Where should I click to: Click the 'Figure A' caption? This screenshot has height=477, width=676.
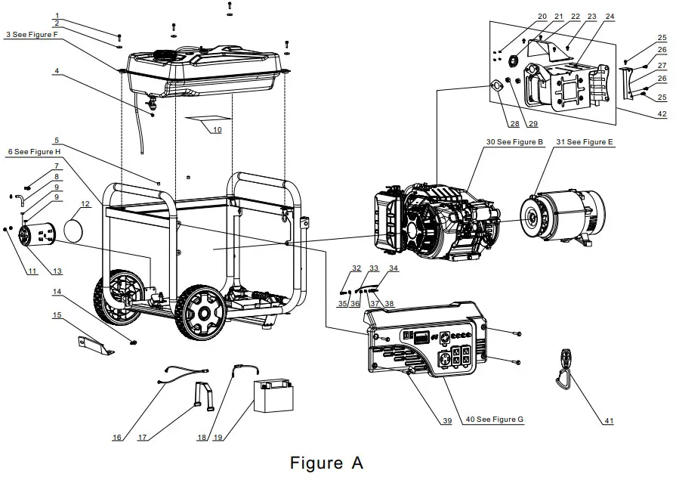coord(326,462)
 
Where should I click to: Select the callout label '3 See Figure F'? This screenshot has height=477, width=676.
coord(32,35)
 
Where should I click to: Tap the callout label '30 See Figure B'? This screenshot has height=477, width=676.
coord(515,142)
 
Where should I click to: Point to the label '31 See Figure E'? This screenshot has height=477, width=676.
coord(585,142)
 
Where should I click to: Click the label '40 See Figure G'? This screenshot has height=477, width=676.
coord(494,420)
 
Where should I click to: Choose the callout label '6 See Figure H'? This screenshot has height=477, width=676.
coord(34,152)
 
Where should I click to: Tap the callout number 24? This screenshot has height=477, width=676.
coord(610,16)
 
